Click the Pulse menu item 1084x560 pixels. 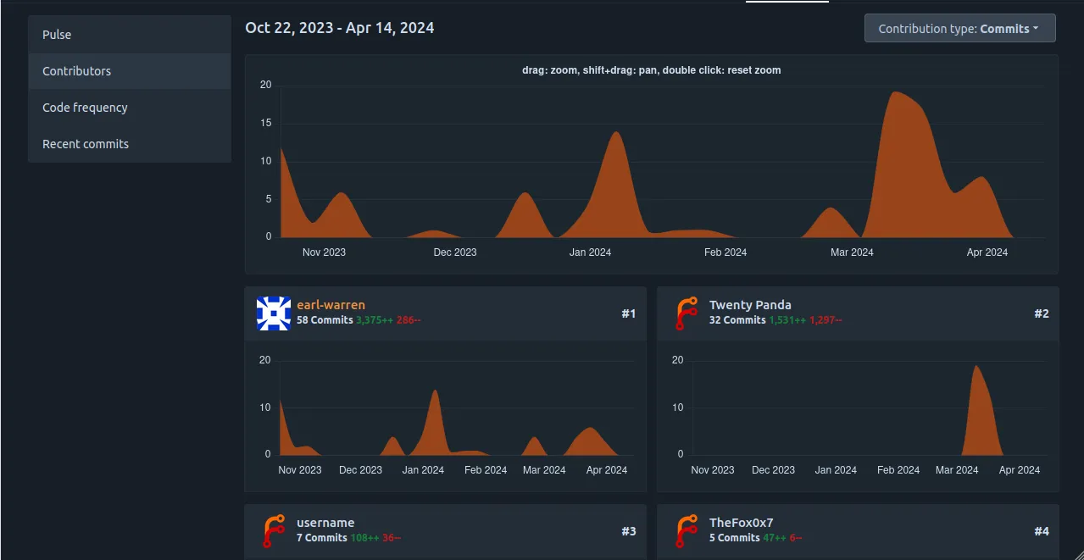click(x=57, y=35)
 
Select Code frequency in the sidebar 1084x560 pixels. click(x=85, y=108)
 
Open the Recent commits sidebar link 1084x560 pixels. click(x=86, y=144)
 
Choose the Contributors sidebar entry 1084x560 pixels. click(x=76, y=71)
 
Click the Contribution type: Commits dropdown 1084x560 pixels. click(x=959, y=28)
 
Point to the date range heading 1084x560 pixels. click(x=339, y=28)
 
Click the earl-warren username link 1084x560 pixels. click(x=331, y=305)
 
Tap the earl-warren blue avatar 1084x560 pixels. click(x=273, y=313)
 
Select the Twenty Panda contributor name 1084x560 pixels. click(x=750, y=305)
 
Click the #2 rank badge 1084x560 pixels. click(x=1041, y=313)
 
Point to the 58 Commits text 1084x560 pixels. click(x=325, y=320)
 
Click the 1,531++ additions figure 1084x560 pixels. click(x=787, y=320)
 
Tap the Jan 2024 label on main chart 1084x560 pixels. click(x=590, y=252)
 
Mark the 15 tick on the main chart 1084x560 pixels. click(x=265, y=123)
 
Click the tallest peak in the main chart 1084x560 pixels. click(x=895, y=93)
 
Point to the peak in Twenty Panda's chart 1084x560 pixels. click(x=976, y=367)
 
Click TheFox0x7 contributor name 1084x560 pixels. click(x=741, y=523)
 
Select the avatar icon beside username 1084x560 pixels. click(x=273, y=531)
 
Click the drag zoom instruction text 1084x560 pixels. click(x=651, y=70)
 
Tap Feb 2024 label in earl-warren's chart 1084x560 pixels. click(x=486, y=470)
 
